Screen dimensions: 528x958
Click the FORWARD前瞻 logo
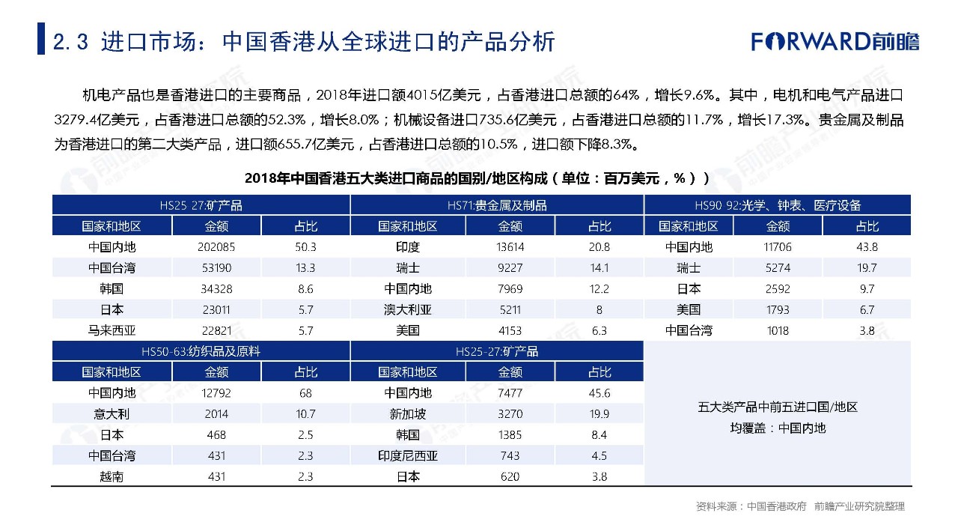[x=835, y=40]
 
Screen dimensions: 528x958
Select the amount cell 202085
[x=216, y=247]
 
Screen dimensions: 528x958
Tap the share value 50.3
[x=305, y=247]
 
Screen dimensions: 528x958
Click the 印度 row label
[x=407, y=247]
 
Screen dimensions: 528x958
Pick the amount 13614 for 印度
[x=510, y=247]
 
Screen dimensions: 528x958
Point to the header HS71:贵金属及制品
[x=497, y=205]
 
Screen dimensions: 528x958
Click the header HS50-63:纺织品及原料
[x=201, y=351]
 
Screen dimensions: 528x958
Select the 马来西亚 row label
[x=112, y=330]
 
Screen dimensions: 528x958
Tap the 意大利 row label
[x=112, y=413]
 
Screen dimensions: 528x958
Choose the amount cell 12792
[x=216, y=392]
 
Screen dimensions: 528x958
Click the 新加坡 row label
[x=407, y=413]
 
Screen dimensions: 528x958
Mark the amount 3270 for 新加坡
[x=510, y=413]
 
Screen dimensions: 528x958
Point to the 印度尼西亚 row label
[x=407, y=455]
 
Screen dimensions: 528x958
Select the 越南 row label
[x=112, y=476]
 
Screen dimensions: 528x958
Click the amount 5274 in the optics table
[x=778, y=268]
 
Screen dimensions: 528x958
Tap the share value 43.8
[x=867, y=247]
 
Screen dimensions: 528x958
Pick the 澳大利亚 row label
[x=407, y=309]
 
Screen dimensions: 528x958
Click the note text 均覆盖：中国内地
[x=778, y=428]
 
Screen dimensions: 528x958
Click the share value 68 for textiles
[x=305, y=392]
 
